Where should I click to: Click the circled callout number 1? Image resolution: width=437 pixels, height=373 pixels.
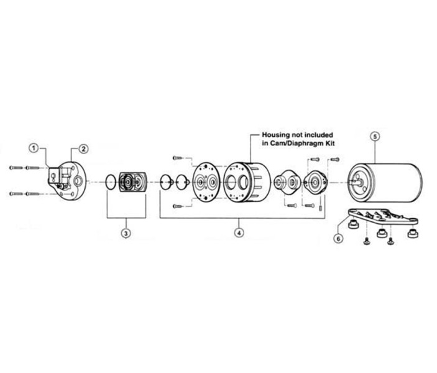[34, 148]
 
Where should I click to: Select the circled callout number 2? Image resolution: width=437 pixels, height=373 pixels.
[83, 149]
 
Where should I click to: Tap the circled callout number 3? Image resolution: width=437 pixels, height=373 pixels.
[126, 233]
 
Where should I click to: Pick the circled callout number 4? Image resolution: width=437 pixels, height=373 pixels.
[239, 233]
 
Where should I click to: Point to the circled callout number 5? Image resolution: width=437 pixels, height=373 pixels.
[375, 137]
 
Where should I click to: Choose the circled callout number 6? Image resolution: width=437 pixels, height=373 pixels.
[339, 239]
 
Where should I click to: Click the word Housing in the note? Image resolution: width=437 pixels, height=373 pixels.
[275, 135]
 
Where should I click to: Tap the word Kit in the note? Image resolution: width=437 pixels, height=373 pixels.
[329, 144]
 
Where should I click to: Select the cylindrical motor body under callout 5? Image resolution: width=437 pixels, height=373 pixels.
[385, 183]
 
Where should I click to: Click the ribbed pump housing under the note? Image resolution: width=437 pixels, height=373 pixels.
[246, 182]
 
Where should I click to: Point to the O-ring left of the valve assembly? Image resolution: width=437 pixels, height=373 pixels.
[111, 182]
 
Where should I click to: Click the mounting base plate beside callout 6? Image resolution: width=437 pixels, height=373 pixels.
[383, 216]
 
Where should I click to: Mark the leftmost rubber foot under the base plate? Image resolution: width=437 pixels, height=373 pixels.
[353, 224]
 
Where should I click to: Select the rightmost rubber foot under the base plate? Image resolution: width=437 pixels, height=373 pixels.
[413, 233]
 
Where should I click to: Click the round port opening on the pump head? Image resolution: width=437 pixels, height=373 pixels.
[78, 182]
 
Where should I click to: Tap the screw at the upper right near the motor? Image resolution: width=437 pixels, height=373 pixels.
[334, 160]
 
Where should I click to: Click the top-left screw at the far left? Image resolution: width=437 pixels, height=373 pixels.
[16, 168]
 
